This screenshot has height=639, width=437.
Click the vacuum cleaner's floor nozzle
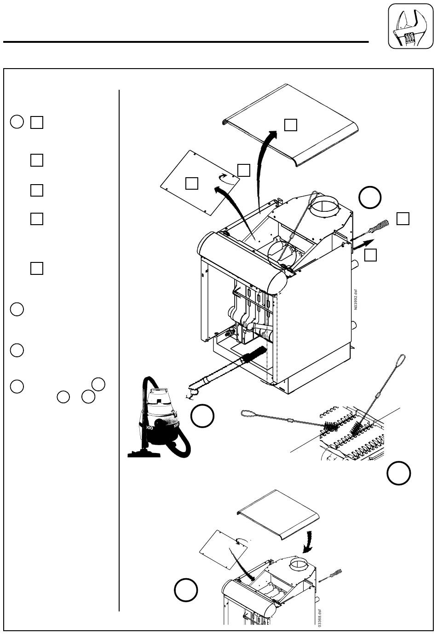[x=144, y=453]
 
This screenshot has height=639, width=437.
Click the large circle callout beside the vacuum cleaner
[x=202, y=416]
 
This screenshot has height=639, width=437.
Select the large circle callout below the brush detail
[x=398, y=473]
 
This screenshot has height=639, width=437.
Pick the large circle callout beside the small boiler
[x=186, y=590]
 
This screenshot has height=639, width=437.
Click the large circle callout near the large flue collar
[x=370, y=198]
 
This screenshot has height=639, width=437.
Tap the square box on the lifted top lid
[x=290, y=125]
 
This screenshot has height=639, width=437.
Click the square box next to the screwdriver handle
[x=402, y=219]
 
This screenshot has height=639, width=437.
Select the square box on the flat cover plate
[x=191, y=183]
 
